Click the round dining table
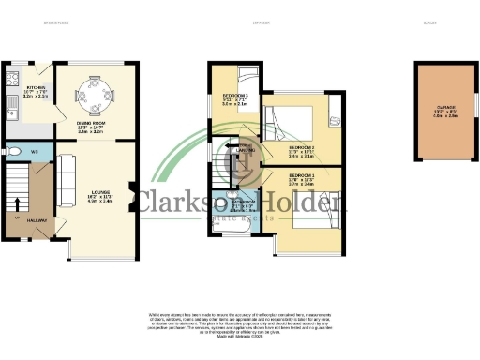click(94, 93)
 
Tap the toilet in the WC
click(10, 150)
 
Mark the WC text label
click(34, 150)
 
